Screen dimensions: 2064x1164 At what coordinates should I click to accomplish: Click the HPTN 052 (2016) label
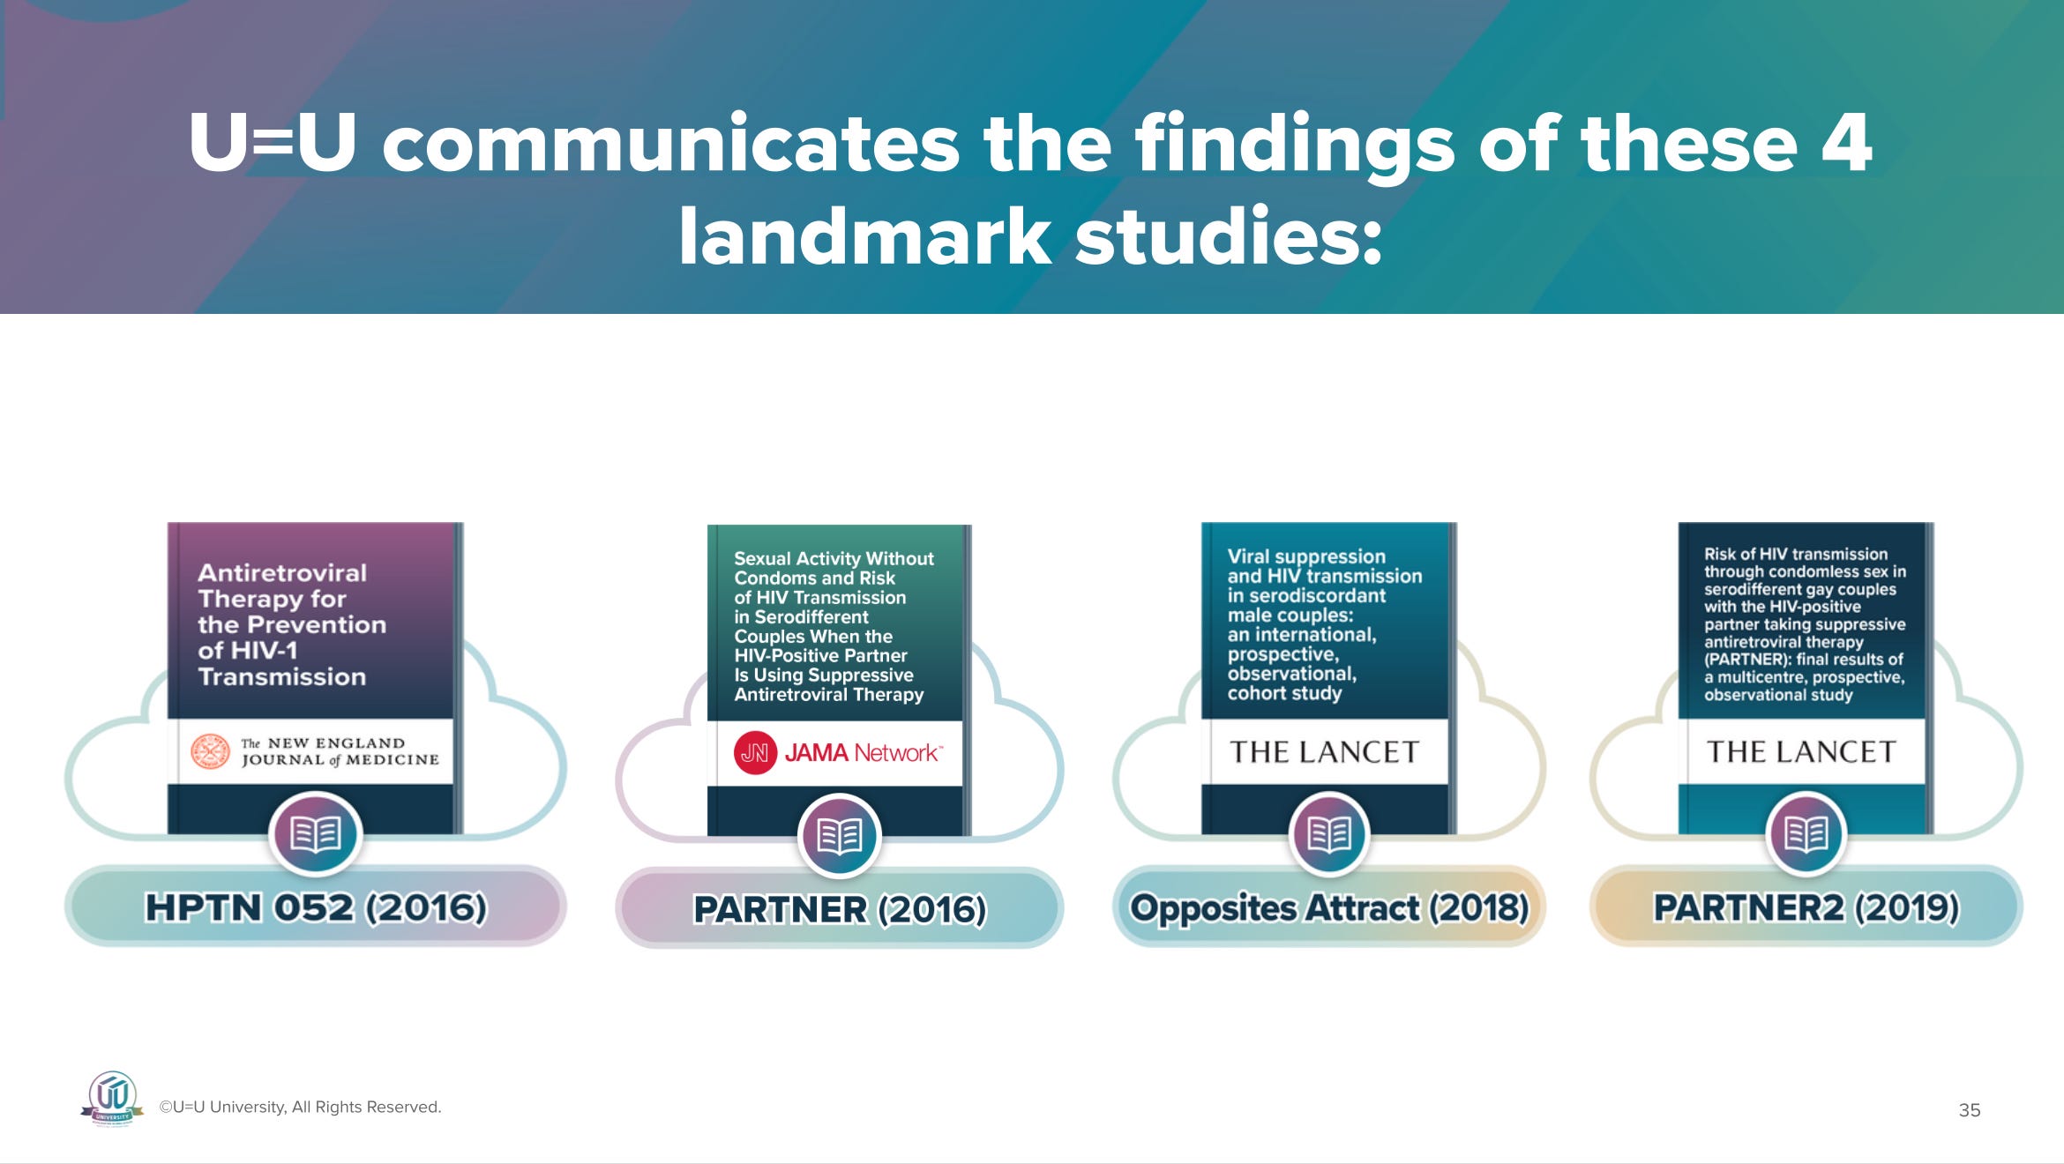pos(315,907)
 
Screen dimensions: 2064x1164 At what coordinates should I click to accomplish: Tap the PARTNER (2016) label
pos(839,909)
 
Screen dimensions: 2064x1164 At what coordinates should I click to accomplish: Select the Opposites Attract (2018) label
pos(1328,907)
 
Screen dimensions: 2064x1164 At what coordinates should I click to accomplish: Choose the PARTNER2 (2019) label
pos(1806,907)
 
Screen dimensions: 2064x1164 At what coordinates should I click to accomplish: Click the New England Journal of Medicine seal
pos(210,752)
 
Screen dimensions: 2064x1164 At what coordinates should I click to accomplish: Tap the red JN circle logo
pos(755,753)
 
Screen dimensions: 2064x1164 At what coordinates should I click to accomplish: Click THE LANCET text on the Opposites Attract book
pos(1324,752)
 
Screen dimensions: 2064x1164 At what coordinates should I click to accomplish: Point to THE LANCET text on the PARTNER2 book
pos(1801,752)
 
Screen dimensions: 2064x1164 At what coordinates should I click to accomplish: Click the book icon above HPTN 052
pos(315,833)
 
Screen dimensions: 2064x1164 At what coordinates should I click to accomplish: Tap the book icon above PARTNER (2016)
pos(839,835)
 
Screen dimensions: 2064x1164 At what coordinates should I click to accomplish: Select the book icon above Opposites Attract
pos(1328,833)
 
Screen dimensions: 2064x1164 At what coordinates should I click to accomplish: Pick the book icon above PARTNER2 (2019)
pos(1806,833)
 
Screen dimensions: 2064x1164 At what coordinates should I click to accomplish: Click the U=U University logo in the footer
pos(113,1098)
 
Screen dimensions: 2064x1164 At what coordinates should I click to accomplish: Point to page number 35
pos(1969,1110)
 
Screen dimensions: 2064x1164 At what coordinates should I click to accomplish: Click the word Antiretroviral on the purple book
pos(282,573)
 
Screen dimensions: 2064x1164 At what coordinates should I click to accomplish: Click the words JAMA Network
pos(862,753)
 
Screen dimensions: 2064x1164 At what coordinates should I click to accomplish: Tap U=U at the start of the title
pos(272,143)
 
